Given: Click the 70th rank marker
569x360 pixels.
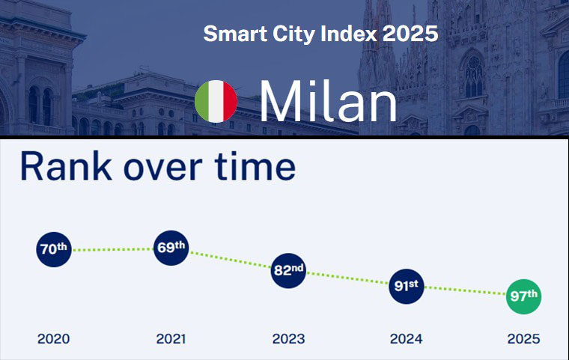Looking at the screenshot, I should [x=54, y=250].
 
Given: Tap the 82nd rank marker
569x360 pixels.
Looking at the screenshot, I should [x=288, y=270].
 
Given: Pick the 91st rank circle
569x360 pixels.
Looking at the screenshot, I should [x=406, y=286].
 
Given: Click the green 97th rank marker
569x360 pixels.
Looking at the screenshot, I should [x=523, y=296].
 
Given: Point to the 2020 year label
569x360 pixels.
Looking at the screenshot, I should [x=54, y=339].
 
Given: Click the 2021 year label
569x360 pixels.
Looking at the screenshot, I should [x=171, y=339].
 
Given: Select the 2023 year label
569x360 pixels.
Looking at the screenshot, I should [x=288, y=339].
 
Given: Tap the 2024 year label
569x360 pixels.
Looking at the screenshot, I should [x=406, y=339].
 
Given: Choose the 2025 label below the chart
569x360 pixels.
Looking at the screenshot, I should [x=523, y=339].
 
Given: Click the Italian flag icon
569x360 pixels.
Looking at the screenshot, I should [x=216, y=102].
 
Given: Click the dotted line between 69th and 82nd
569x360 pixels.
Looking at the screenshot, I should [x=229, y=260].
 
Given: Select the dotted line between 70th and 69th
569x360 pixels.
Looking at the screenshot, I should [x=112, y=249].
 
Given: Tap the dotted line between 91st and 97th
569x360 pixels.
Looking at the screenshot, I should [x=464, y=291].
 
